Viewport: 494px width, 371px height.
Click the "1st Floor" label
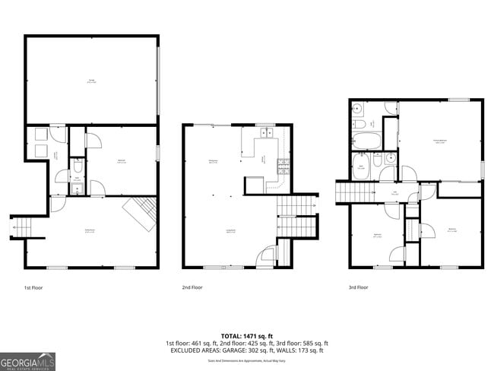point(34,287)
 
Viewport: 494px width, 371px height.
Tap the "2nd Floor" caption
point(192,287)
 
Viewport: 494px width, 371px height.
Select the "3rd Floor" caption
point(358,287)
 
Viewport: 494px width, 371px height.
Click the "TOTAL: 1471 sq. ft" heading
point(247,335)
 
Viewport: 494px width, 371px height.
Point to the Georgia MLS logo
point(27,361)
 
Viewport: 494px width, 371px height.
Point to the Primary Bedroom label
point(439,141)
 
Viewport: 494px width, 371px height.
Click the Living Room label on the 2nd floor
point(230,230)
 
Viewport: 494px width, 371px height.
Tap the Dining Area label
point(213,160)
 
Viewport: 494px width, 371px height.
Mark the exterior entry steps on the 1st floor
point(21,227)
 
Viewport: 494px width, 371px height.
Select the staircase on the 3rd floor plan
point(350,193)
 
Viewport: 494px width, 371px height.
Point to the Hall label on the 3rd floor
point(394,194)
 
